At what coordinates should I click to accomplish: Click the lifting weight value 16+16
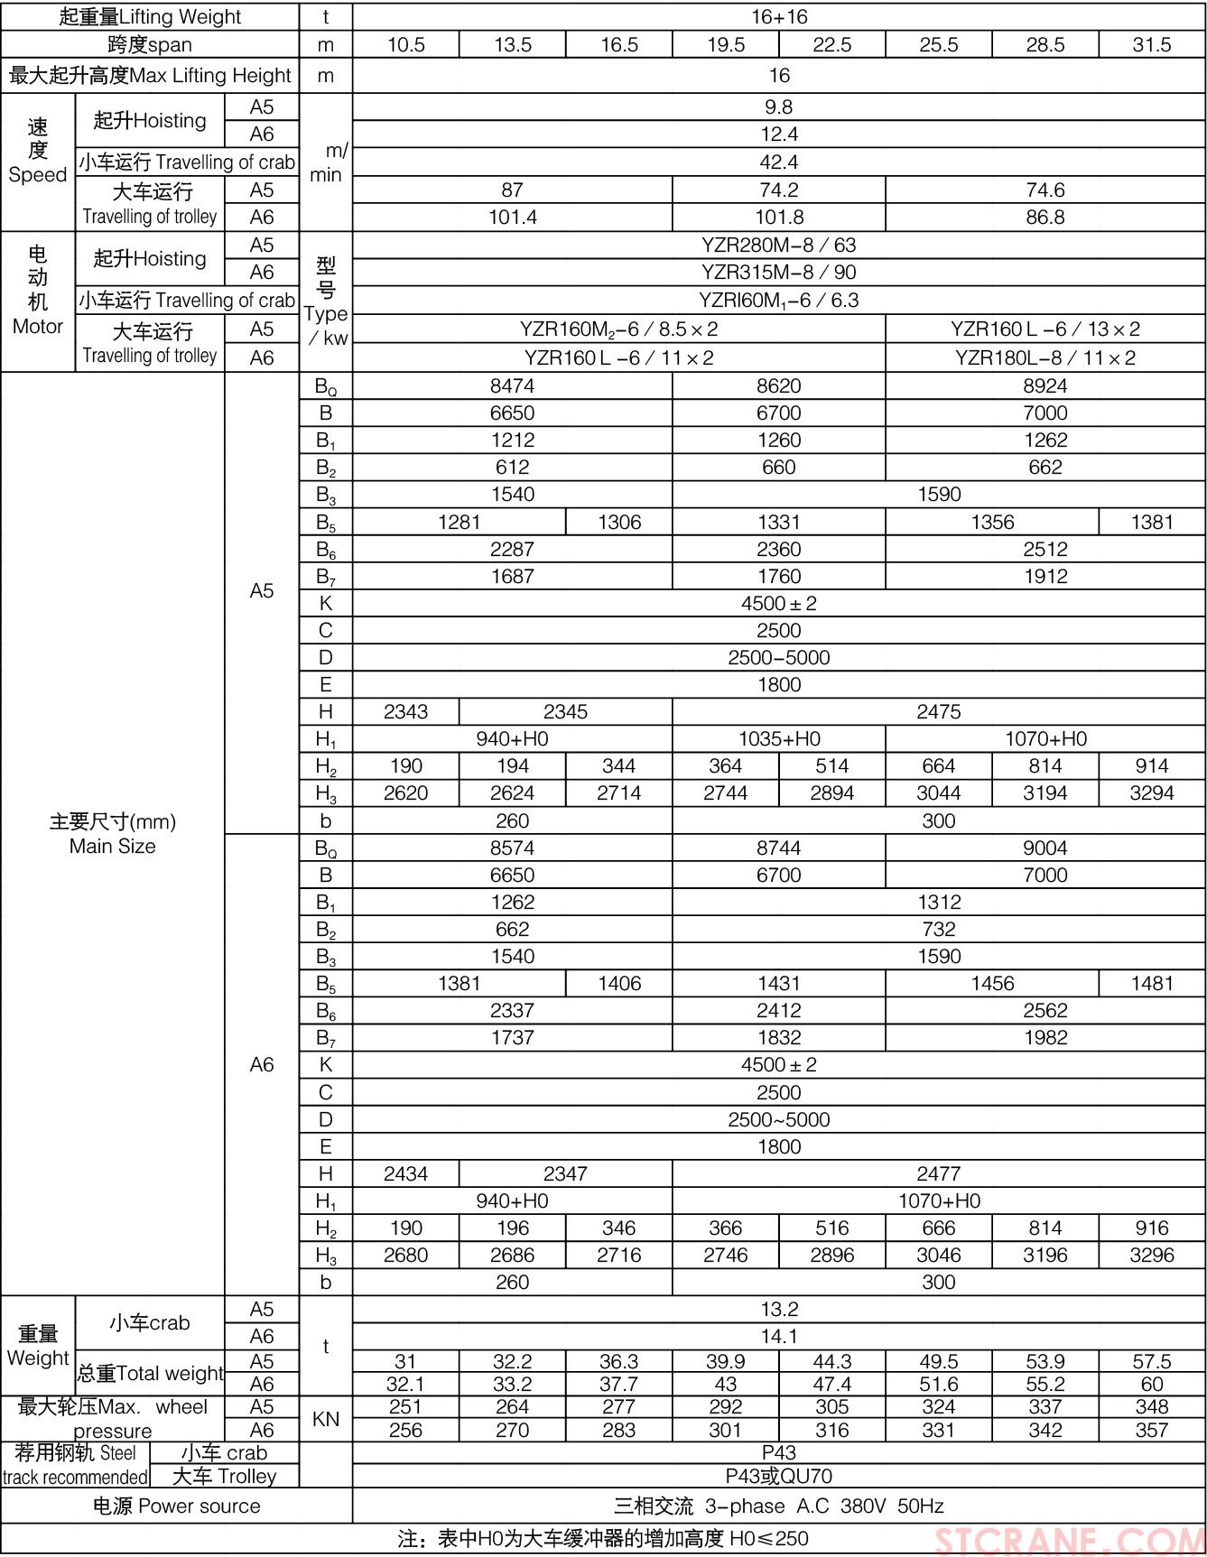778,17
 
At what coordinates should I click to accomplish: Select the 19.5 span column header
726,45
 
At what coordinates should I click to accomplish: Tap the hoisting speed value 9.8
778,107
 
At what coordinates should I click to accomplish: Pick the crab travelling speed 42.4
778,162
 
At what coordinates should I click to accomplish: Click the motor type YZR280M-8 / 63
778,246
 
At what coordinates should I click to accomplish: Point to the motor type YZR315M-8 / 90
778,273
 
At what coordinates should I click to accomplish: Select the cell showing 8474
512,386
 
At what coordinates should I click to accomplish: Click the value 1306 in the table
619,523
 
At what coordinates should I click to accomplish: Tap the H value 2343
405,712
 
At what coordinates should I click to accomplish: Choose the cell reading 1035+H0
778,739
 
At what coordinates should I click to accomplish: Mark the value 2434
405,1174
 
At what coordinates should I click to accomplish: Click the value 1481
1152,984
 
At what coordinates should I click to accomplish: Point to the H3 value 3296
1152,1256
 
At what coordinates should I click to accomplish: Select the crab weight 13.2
778,1310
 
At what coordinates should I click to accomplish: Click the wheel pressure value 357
1152,1431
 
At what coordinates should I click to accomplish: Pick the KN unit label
326,1419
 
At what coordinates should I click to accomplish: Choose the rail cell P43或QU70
778,1477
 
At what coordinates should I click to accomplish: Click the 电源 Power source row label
176,1506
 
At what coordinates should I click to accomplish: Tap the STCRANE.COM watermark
1070,1540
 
